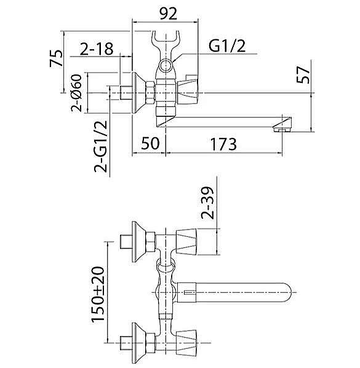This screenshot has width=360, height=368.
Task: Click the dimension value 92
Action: (168, 14)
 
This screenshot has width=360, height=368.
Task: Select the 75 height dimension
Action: (57, 58)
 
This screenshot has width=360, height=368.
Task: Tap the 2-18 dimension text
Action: (97, 49)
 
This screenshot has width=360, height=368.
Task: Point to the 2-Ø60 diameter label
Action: (77, 93)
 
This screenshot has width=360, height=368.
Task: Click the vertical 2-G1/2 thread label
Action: (101, 146)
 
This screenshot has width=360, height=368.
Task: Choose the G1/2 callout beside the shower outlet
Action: (227, 46)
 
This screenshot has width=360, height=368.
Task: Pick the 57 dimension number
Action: (303, 75)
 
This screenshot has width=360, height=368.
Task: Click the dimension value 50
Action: (150, 143)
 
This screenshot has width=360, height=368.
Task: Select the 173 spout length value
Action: (223, 144)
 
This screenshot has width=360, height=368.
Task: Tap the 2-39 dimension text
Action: (208, 203)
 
